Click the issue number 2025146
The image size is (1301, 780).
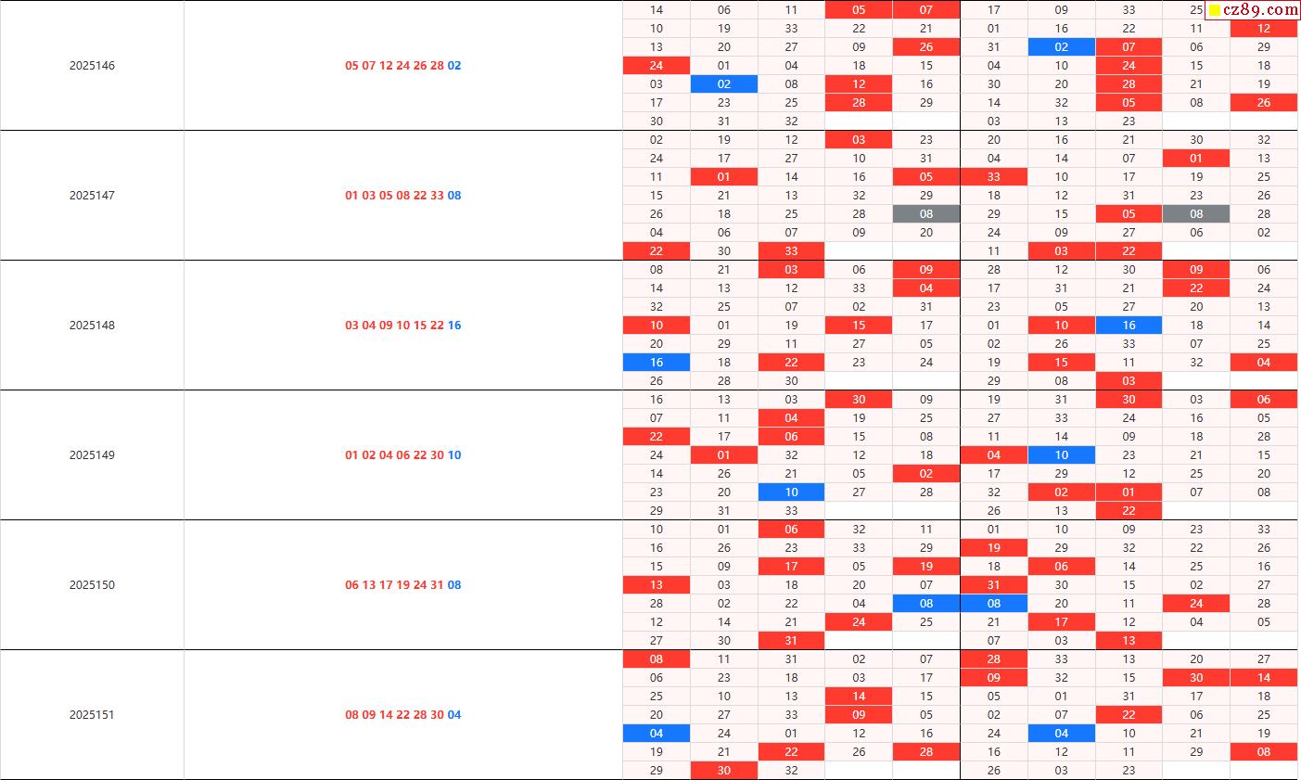[x=92, y=66]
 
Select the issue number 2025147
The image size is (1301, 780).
[x=92, y=196]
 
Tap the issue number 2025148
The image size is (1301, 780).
[x=92, y=326]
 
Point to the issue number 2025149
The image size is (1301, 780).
[x=92, y=455]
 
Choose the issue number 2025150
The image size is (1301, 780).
[x=92, y=585]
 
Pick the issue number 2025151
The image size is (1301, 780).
[x=92, y=715]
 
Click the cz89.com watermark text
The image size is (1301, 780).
[x=1261, y=10]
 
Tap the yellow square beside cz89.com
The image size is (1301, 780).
[x=1215, y=10]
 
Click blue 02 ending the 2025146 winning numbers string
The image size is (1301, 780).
[x=454, y=66]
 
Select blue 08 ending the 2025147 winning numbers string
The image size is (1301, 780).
[x=454, y=196]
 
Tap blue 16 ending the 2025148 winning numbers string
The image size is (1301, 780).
[x=454, y=326]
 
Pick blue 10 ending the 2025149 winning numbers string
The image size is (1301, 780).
[x=454, y=455]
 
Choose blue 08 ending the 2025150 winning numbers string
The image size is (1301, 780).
[x=454, y=585]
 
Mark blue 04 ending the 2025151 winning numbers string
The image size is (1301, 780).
[x=454, y=715]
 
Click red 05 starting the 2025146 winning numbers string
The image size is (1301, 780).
[x=351, y=66]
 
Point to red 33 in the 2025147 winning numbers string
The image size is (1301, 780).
[x=437, y=196]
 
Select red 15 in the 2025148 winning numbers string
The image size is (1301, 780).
[x=420, y=326]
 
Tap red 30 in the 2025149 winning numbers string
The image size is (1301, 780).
[x=437, y=455]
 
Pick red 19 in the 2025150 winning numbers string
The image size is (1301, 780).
[x=402, y=585]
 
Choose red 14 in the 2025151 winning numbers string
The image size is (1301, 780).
[x=386, y=715]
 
